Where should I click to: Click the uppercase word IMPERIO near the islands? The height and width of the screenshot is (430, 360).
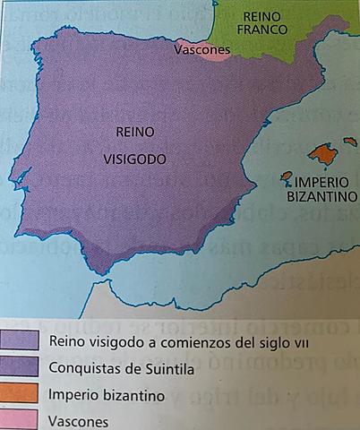(x=321, y=181)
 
